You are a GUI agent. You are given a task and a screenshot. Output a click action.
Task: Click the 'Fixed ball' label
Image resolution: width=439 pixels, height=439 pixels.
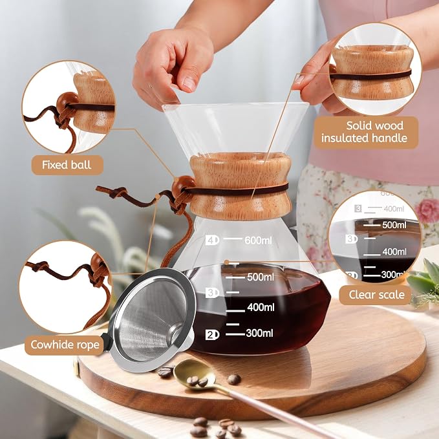67,165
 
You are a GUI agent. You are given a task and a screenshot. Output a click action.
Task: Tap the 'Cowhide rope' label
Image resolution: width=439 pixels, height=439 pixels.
65,345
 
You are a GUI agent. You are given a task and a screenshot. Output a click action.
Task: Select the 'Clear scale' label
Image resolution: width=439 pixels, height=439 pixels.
376,295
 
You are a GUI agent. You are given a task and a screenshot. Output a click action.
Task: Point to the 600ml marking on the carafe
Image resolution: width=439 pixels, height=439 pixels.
258,241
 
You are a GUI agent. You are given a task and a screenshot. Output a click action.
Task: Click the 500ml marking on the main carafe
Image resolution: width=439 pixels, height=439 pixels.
261,277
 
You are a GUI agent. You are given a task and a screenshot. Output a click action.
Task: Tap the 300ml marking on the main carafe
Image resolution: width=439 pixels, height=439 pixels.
259,333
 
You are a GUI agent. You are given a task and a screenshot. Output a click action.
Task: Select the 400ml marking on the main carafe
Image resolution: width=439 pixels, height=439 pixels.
261,307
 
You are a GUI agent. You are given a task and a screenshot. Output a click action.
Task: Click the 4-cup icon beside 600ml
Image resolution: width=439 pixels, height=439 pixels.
212,241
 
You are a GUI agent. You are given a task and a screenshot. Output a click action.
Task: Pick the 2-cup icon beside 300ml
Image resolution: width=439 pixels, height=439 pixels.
212,335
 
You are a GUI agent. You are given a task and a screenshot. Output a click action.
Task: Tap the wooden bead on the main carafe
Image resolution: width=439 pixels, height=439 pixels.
184,186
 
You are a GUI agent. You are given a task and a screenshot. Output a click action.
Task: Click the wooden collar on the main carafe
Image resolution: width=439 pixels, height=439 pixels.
241,186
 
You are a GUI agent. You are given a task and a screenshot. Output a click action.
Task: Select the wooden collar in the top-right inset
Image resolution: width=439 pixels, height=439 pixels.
372,72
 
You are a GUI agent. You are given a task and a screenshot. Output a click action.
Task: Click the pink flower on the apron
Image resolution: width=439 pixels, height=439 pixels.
427,210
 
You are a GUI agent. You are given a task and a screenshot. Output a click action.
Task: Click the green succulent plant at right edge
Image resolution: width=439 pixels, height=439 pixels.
424,283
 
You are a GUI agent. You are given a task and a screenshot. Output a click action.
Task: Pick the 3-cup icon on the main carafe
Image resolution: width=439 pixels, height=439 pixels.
212,293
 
